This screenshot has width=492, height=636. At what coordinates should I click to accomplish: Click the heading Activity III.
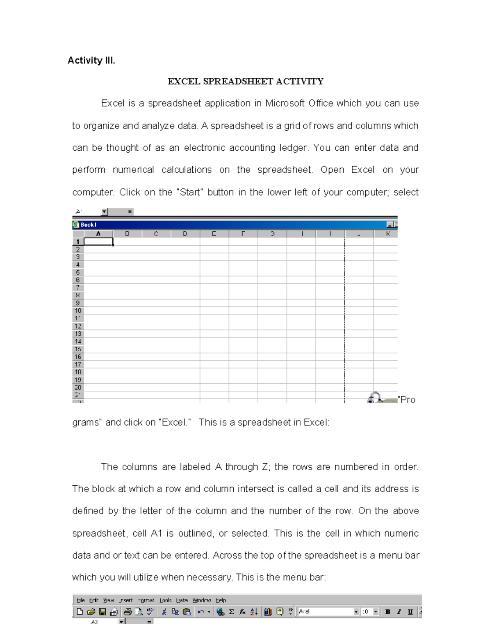click(x=91, y=61)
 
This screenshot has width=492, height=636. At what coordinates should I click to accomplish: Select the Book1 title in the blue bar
click(x=88, y=224)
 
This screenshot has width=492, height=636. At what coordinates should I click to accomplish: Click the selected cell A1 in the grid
click(x=98, y=242)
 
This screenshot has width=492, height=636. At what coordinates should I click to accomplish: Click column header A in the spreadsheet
click(x=98, y=234)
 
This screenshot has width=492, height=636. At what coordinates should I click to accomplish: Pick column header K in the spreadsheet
click(x=388, y=234)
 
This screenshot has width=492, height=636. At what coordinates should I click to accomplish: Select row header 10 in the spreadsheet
click(x=78, y=311)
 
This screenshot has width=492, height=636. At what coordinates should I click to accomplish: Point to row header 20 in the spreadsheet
click(x=78, y=387)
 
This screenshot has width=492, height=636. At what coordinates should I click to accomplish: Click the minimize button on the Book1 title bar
click(x=389, y=224)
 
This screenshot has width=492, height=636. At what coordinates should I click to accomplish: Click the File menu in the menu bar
click(x=80, y=600)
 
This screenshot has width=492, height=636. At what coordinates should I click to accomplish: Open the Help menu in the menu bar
click(x=221, y=600)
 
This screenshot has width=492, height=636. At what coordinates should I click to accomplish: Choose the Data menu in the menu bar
click(x=182, y=600)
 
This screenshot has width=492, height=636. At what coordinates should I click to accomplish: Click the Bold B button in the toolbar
click(x=387, y=612)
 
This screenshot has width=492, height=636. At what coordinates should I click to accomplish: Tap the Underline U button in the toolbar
click(x=410, y=612)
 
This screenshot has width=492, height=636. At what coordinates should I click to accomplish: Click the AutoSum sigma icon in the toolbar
click(x=232, y=612)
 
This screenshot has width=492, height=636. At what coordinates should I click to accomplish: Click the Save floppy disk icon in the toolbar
click(x=102, y=612)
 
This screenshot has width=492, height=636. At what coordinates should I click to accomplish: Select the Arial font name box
click(x=326, y=612)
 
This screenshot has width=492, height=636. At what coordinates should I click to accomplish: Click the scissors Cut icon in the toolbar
click(x=164, y=612)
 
